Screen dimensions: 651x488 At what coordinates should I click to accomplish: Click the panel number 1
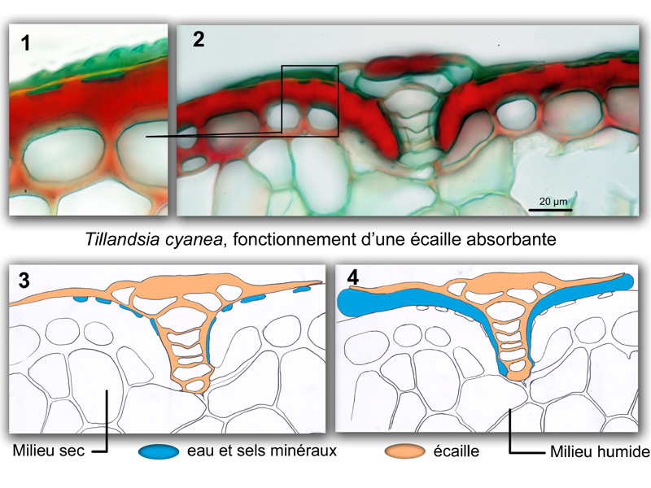(x=26, y=43)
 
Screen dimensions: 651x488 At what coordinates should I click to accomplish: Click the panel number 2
(x=199, y=39)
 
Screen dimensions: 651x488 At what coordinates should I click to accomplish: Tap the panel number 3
(x=24, y=281)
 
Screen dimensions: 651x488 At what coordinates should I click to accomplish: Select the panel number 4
(x=352, y=277)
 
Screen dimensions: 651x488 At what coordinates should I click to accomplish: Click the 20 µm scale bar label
(x=553, y=201)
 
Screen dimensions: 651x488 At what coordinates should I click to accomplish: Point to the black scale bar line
(x=550, y=210)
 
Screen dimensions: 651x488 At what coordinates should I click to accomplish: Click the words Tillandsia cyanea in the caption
(x=154, y=239)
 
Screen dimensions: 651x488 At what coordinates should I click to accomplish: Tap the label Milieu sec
(x=49, y=451)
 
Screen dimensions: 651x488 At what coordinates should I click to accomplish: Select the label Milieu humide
(x=600, y=451)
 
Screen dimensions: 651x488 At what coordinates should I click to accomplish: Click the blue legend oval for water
(x=159, y=451)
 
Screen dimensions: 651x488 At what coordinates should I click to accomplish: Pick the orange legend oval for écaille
(x=404, y=451)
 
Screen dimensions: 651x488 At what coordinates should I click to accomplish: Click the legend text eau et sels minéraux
(x=261, y=451)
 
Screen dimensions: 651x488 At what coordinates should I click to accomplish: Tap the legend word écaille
(x=456, y=451)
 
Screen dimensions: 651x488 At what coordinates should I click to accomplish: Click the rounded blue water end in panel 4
(x=625, y=282)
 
